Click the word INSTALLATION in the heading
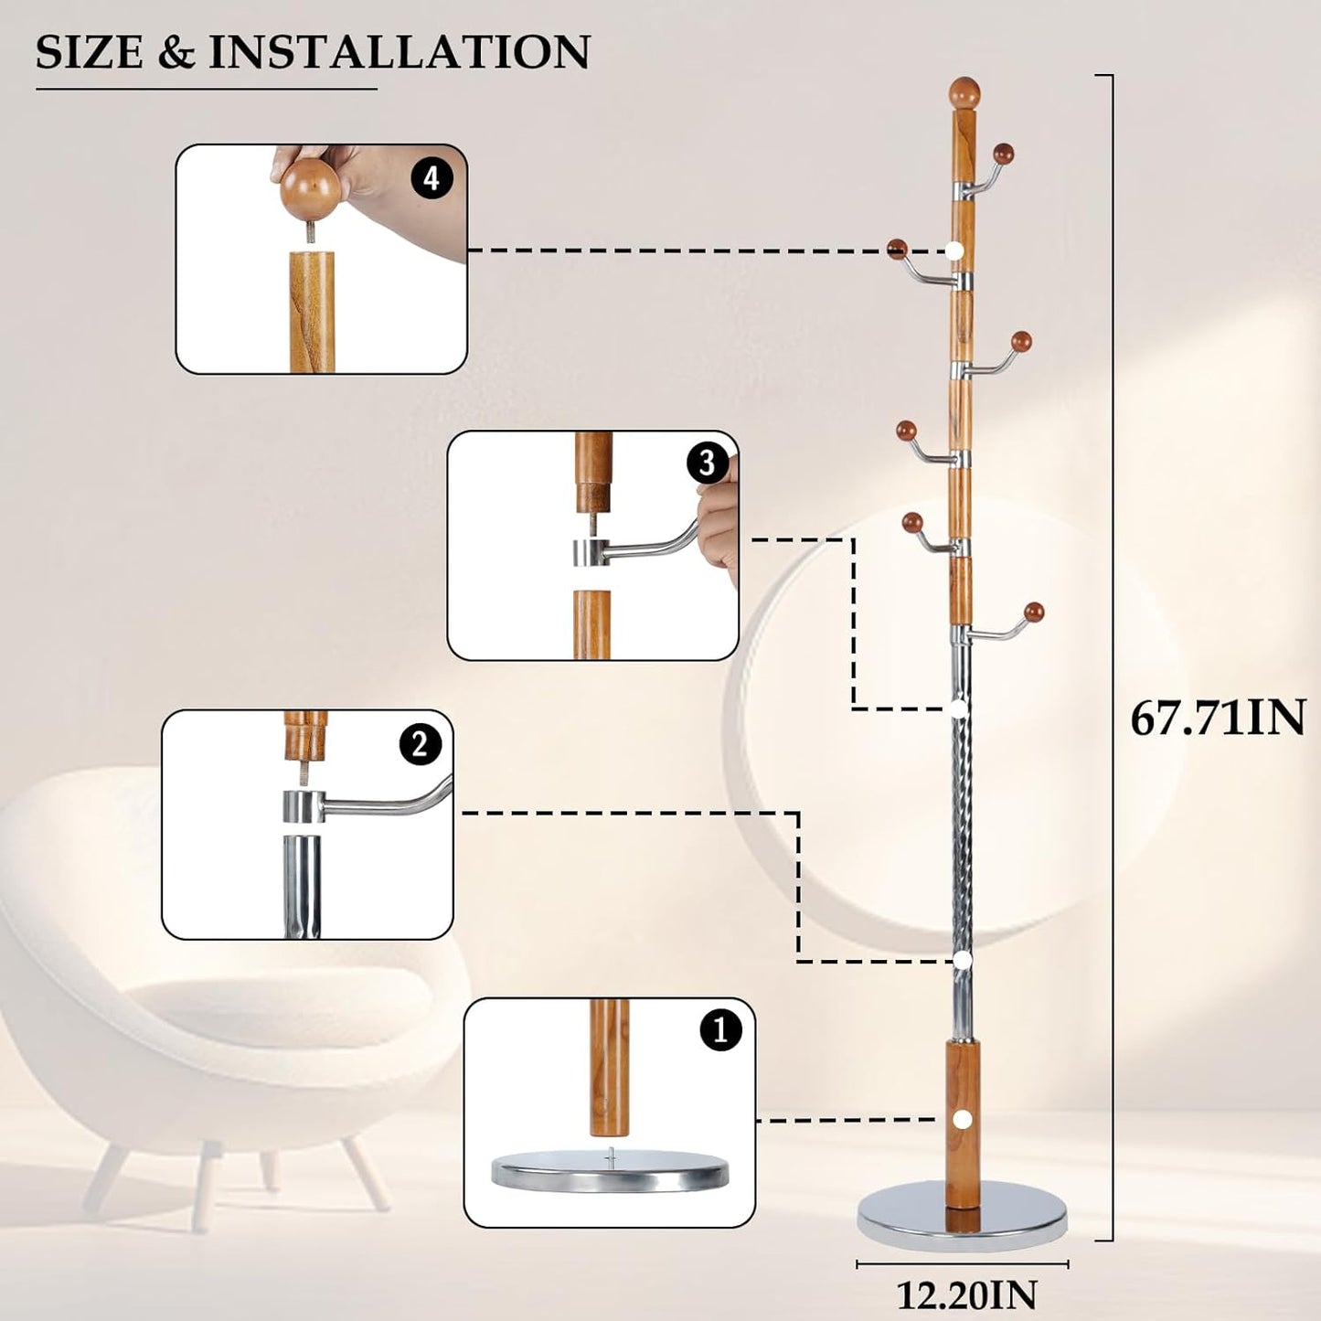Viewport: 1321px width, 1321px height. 399,52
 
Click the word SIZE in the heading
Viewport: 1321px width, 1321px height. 89,52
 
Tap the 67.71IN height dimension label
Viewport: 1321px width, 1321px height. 1218,719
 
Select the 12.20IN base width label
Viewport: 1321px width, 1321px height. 965,1294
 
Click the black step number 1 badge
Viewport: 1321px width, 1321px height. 720,1030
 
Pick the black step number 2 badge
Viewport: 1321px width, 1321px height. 420,744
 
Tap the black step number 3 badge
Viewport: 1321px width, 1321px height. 707,463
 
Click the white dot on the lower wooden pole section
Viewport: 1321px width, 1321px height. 962,1119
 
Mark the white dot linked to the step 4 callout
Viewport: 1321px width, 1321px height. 955,250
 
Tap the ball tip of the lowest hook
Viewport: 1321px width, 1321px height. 1034,611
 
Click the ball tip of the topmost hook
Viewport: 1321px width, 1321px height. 1004,153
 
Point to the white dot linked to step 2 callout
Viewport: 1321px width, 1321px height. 961,959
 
